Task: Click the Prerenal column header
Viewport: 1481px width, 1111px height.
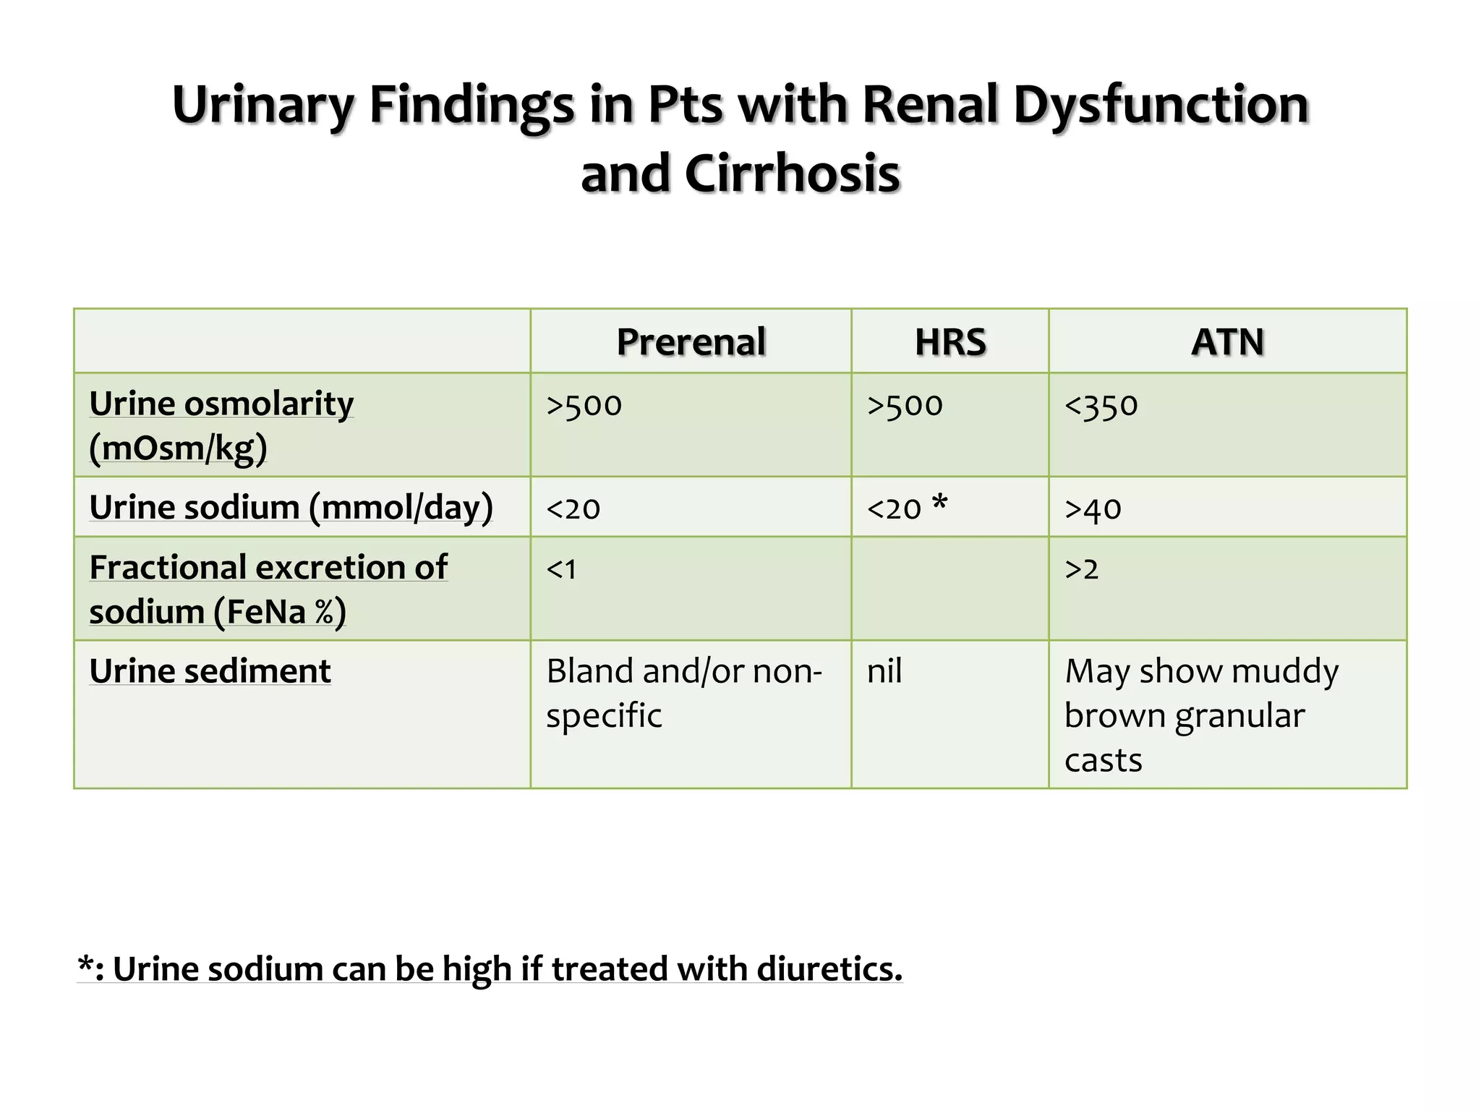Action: coord(691,342)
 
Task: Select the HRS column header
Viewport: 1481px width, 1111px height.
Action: coord(950,342)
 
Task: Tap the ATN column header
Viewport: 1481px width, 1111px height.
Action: coord(1227,342)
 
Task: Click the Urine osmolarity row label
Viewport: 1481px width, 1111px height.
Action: coord(221,425)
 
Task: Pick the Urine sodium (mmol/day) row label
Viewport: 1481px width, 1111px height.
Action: coord(291,507)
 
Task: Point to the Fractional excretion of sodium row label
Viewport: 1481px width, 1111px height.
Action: coord(268,589)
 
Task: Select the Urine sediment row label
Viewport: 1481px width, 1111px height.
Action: coord(210,671)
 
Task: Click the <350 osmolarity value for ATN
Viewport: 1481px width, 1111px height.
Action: coord(1101,405)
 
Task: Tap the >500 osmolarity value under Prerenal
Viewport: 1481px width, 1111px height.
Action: coord(584,405)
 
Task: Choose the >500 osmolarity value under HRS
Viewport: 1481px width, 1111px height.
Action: coord(905,405)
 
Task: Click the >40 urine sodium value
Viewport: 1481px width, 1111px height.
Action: coord(1093,509)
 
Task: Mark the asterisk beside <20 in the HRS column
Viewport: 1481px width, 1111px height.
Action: coord(939,501)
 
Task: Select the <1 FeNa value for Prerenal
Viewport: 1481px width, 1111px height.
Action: coord(562,569)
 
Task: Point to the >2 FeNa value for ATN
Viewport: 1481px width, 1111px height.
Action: coord(1082,569)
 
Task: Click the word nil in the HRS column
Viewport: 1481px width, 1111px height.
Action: coord(884,671)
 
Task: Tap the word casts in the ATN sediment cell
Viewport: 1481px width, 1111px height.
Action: coord(1104,760)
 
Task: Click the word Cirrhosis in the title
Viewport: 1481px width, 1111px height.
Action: coord(792,174)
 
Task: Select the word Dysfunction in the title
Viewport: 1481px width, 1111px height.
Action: coord(1161,105)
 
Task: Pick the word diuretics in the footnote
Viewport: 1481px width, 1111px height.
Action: coord(829,969)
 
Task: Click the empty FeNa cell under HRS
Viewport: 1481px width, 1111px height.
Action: coord(949,588)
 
